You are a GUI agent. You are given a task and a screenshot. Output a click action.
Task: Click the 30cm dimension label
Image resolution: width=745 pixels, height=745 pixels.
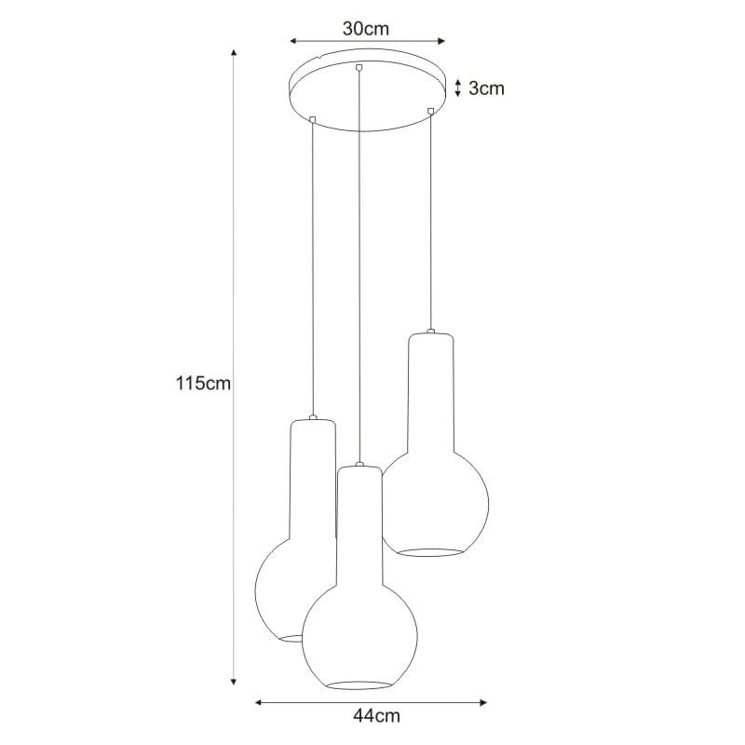(x=365, y=29)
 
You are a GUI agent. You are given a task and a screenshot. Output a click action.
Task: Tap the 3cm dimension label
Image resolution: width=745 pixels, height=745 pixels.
(x=486, y=88)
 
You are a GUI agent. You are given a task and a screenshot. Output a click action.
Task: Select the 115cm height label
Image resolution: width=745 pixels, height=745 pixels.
(x=203, y=383)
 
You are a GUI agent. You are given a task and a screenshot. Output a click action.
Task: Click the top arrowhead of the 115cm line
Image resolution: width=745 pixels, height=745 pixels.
(x=234, y=52)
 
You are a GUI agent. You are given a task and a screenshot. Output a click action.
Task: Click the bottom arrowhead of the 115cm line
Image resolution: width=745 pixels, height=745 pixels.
(x=234, y=682)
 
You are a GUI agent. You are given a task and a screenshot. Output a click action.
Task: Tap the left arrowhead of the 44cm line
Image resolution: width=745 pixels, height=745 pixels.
(x=260, y=702)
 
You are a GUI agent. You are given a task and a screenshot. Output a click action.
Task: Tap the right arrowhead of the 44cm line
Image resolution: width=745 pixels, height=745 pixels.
(x=483, y=702)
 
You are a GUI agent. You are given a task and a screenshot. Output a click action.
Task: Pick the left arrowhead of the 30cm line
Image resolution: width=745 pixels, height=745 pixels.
(x=294, y=41)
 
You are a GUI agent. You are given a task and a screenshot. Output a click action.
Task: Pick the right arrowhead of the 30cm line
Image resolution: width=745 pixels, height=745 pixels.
(x=440, y=41)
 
